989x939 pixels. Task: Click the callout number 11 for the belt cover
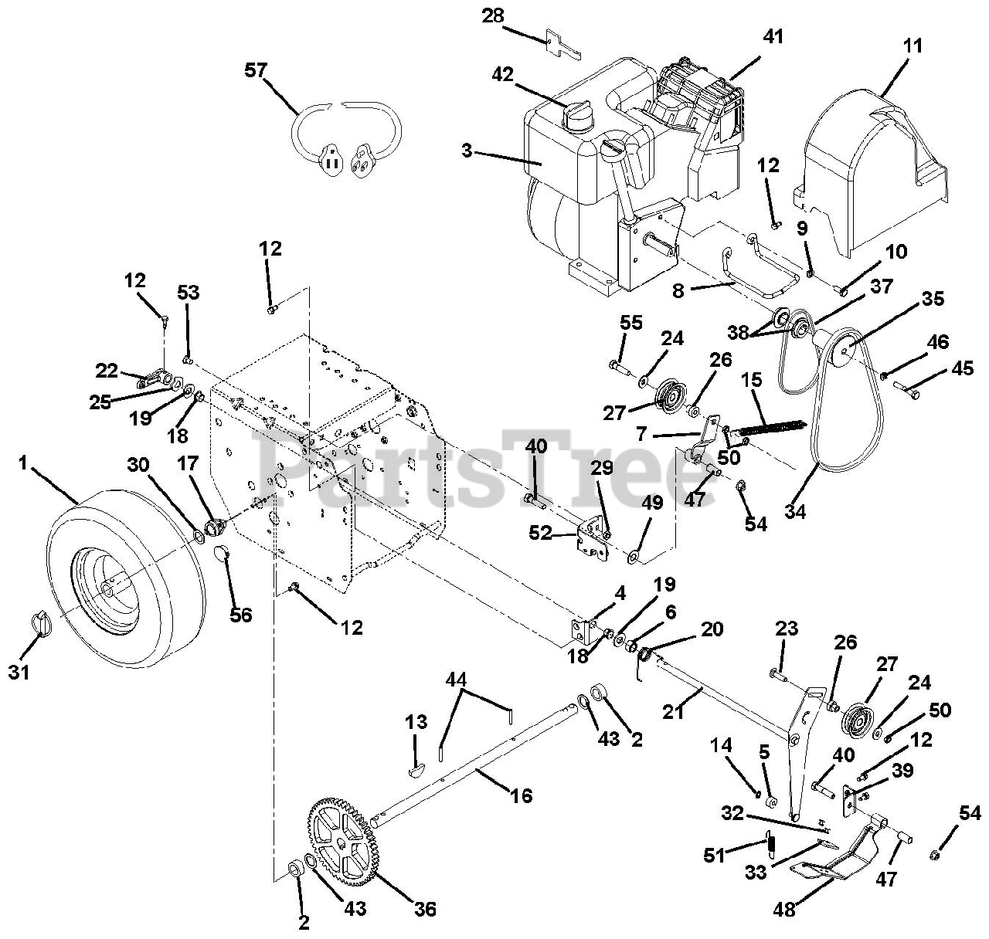(913, 46)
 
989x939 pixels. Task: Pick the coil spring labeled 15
(773, 429)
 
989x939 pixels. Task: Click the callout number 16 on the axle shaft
(522, 795)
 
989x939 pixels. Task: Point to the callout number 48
(783, 910)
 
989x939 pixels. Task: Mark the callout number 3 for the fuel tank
(467, 151)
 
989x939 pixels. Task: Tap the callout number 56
(241, 614)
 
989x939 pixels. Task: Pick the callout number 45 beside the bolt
(962, 368)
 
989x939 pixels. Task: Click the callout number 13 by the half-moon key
(416, 722)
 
